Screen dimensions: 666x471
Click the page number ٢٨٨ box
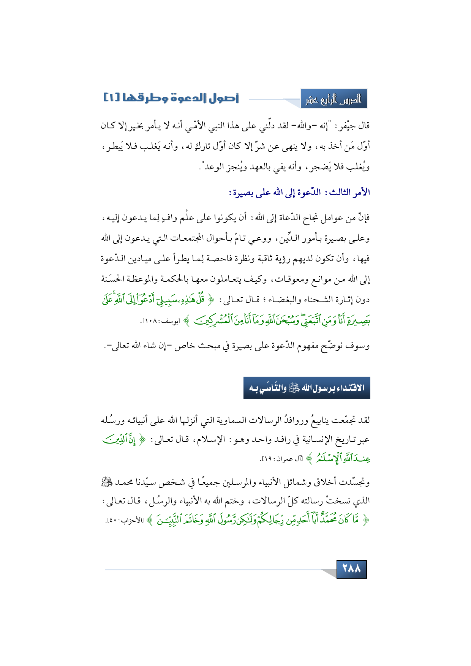(351, 569)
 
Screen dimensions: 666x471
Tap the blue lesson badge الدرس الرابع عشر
(334, 99)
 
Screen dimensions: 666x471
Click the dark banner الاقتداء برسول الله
(307, 388)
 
